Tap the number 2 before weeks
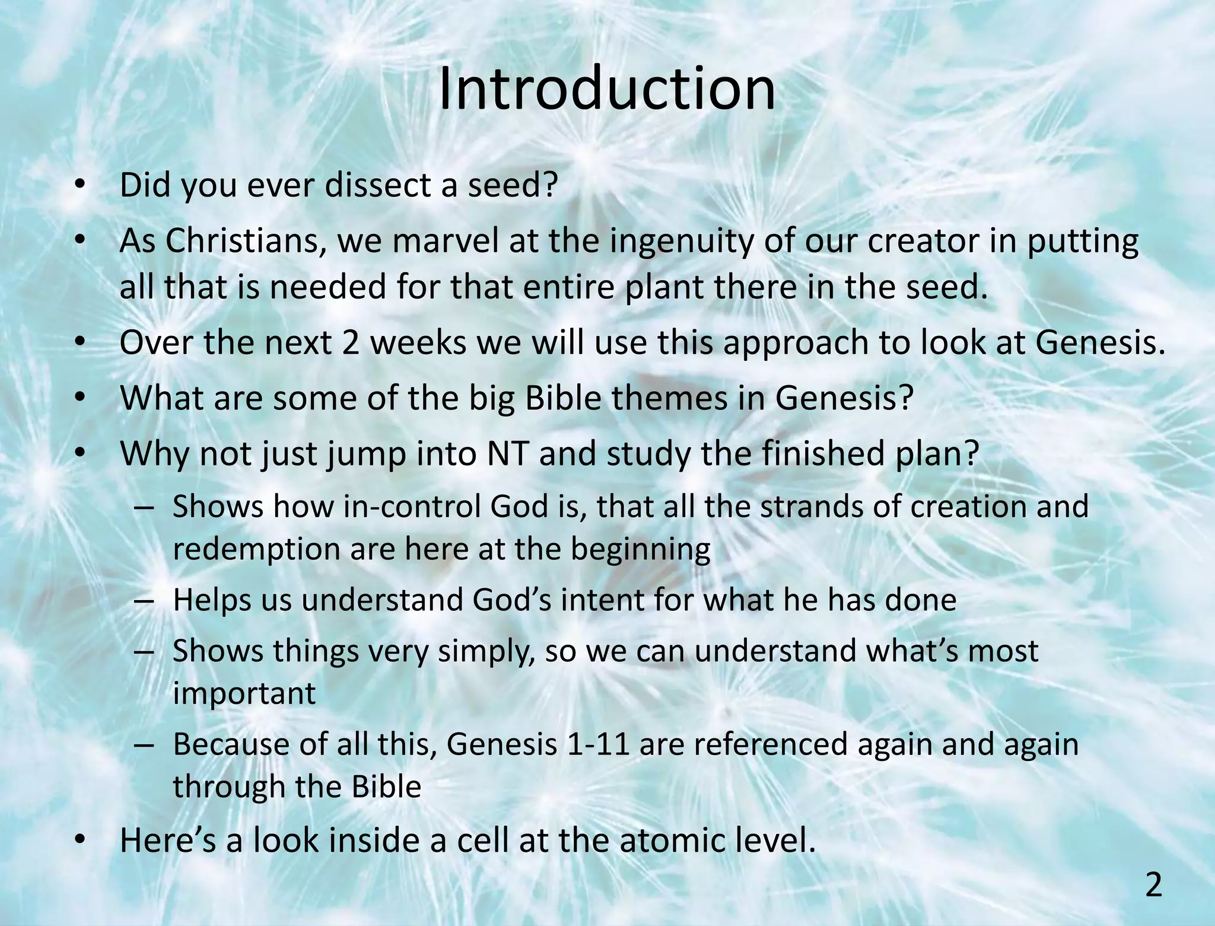351,343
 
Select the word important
244,694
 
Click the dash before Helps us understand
144,601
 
